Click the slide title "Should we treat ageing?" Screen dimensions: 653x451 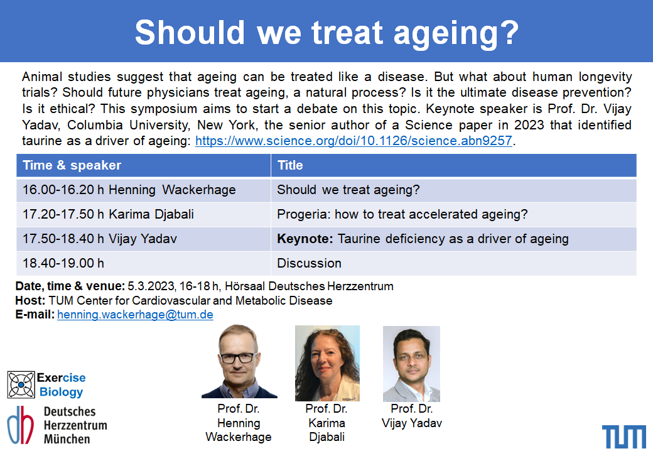coord(327,33)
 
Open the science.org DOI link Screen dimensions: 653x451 coord(353,141)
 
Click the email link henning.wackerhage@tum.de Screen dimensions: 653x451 coord(135,315)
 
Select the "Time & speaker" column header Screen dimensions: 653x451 coord(72,165)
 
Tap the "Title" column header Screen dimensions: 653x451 coord(290,165)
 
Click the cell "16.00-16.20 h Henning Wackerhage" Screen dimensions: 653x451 coord(143,190)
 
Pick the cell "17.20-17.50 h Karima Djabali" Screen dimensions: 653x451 coord(143,214)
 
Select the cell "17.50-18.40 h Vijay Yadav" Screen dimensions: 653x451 coord(143,239)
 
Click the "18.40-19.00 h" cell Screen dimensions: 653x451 coord(143,263)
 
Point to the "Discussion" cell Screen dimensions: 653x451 coord(453,263)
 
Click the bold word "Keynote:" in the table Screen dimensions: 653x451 coord(305,239)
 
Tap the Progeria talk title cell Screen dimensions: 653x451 coord(453,214)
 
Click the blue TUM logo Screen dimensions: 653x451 coord(624,437)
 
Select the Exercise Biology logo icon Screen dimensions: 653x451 coord(21,384)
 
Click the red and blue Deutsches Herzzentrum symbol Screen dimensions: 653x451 coord(20,425)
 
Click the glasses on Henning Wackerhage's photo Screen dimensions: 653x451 coord(238,357)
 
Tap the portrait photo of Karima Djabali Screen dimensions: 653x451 coord(327,363)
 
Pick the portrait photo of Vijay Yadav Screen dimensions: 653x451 coord(411,364)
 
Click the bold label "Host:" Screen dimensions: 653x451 coord(30,301)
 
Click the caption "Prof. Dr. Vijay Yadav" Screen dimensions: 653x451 coord(411,416)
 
